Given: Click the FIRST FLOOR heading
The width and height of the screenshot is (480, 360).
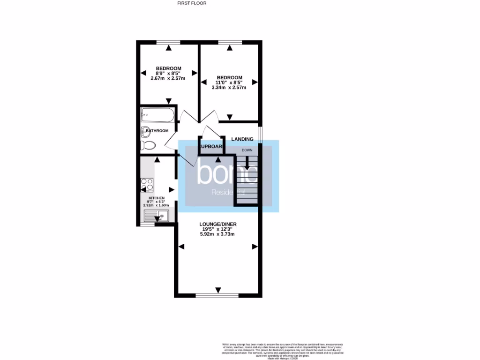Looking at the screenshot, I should coord(192,3).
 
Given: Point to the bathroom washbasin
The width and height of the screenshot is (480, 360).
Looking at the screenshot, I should coord(145,131).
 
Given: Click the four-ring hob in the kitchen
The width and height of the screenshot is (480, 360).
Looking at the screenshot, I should coord(147,186).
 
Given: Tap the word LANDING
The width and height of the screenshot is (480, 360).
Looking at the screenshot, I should coord(242,139).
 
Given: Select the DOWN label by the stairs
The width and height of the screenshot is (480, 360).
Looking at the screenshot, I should coord(247,150).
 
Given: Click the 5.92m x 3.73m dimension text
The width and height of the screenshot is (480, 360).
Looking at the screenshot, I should coord(217,234).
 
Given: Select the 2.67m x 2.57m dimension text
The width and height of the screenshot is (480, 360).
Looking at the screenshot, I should coord(168,78).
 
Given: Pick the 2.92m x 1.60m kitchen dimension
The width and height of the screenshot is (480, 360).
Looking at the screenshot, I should coord(156,205).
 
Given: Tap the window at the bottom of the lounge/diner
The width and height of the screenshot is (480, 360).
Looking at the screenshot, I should coord(218,296).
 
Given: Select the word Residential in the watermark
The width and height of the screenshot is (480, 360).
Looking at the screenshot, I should coord(229,193).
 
